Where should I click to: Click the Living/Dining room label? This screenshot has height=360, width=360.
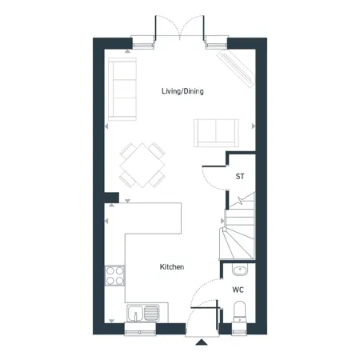(182, 91)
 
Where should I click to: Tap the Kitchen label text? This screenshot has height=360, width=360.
(172, 266)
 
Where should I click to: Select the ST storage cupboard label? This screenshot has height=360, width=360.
(240, 176)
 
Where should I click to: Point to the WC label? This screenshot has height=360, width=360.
(238, 290)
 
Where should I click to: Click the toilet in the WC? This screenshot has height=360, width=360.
(239, 312)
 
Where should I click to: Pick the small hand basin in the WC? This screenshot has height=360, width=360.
(240, 270)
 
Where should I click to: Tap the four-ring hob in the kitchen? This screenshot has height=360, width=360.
(114, 276)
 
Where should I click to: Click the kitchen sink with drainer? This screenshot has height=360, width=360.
(143, 313)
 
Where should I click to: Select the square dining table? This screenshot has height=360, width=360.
(142, 166)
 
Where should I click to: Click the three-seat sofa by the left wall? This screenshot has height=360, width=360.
(122, 89)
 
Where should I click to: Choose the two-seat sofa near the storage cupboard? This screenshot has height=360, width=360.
(216, 133)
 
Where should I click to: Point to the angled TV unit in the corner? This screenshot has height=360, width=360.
(236, 69)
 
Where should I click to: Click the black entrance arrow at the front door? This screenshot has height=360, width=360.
(202, 342)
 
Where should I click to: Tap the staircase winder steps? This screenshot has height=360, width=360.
(238, 242)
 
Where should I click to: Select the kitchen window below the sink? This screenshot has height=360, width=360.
(140, 329)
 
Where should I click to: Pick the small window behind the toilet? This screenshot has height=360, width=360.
(239, 329)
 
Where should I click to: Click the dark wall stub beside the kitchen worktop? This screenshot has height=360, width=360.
(111, 198)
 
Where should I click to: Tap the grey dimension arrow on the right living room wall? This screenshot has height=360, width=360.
(254, 126)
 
